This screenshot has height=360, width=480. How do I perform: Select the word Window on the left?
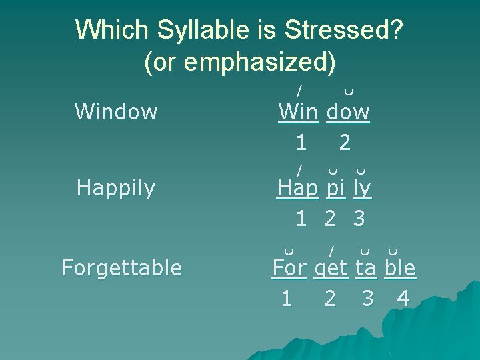pos(116,112)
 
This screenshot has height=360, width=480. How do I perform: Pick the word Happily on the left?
pos(116,189)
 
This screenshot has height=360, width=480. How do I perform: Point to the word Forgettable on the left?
pos(121,268)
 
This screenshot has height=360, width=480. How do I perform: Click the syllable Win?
pos(298,112)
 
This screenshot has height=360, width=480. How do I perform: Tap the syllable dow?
pos(348,112)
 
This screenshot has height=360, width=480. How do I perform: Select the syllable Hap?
pos(298,189)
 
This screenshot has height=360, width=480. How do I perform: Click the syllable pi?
pos(336,189)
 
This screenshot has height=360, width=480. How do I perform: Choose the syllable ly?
pos(363,189)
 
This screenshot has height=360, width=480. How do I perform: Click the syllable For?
pos(289,268)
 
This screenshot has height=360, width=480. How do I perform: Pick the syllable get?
pos(331,268)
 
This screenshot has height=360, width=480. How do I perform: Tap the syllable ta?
pos(366,268)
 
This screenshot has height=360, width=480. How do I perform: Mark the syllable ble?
pos(400,268)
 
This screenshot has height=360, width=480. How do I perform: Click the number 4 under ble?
pos(402,299)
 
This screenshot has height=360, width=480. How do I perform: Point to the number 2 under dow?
pos(344,142)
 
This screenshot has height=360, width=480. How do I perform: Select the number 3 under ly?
pos(359,219)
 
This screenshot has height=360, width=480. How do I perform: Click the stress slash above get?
pos(331,250)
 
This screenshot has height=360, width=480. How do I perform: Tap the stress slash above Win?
pos(300,89)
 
